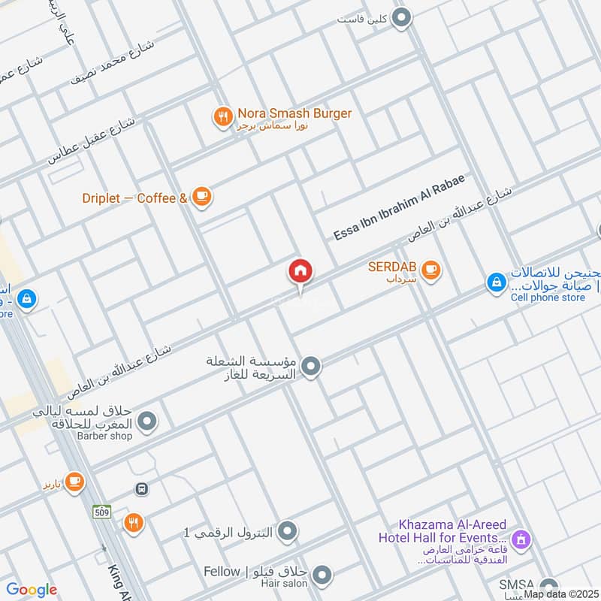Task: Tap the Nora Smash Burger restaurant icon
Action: (222, 116)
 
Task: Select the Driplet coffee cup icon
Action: (201, 197)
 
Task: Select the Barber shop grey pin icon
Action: (148, 421)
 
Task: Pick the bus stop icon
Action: (141, 489)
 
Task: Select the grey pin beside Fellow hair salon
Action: (322, 576)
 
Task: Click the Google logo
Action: (32, 590)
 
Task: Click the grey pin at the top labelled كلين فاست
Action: (403, 17)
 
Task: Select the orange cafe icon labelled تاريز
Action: (74, 482)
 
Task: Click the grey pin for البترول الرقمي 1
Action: (286, 533)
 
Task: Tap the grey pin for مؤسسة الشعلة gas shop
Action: (311, 367)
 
